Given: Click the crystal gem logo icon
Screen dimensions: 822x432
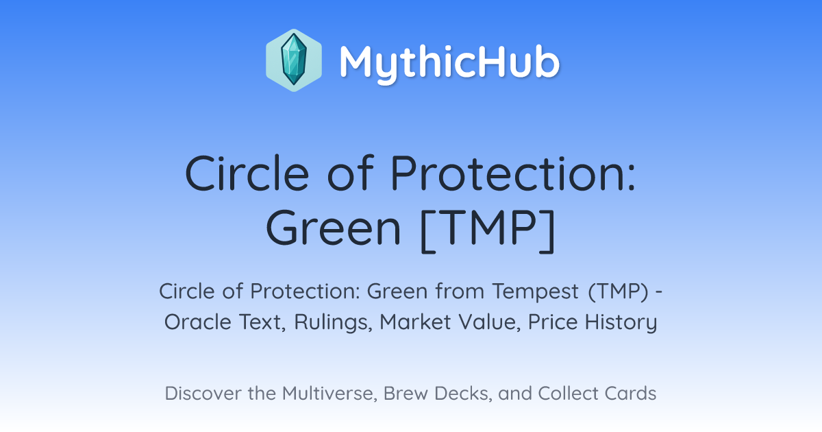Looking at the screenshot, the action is pyautogui.click(x=294, y=60).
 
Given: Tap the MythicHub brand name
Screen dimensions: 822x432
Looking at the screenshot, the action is pyautogui.click(x=449, y=62).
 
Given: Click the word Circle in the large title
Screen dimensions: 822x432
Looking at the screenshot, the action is pyautogui.click(x=247, y=173).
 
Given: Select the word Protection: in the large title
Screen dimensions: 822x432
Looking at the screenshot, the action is pyautogui.click(x=512, y=173).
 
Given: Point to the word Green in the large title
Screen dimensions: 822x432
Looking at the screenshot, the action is pyautogui.click(x=334, y=228).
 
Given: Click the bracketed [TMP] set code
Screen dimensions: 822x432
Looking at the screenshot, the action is pyautogui.click(x=488, y=230).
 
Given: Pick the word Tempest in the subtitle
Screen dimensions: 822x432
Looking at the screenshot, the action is pyautogui.click(x=536, y=291).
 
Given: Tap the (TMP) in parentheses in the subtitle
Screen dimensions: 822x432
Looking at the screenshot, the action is pyautogui.click(x=619, y=291).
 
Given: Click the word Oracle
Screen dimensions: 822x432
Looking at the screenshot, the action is pyautogui.click(x=198, y=322).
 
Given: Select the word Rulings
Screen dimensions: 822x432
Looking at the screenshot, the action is pyautogui.click(x=333, y=322).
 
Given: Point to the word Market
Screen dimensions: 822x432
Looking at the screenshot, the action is pyautogui.click(x=414, y=322).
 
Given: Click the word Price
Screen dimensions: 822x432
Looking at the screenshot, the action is pyautogui.click(x=553, y=322).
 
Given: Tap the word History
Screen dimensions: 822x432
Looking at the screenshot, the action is pyautogui.click(x=621, y=322).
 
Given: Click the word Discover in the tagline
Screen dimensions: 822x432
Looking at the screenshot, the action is pyautogui.click(x=203, y=393).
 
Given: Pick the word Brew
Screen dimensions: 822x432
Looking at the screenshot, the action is pyautogui.click(x=405, y=393).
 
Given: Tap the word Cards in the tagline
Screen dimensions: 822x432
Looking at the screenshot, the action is pyautogui.click(x=630, y=393).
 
